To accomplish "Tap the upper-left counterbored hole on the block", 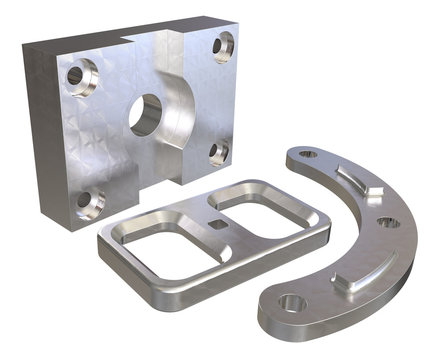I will (77, 73).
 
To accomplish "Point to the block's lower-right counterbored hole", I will (219, 151).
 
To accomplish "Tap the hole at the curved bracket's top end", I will (306, 155).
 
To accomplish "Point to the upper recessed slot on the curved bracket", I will (357, 181).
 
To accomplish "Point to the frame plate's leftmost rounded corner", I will (104, 243).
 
